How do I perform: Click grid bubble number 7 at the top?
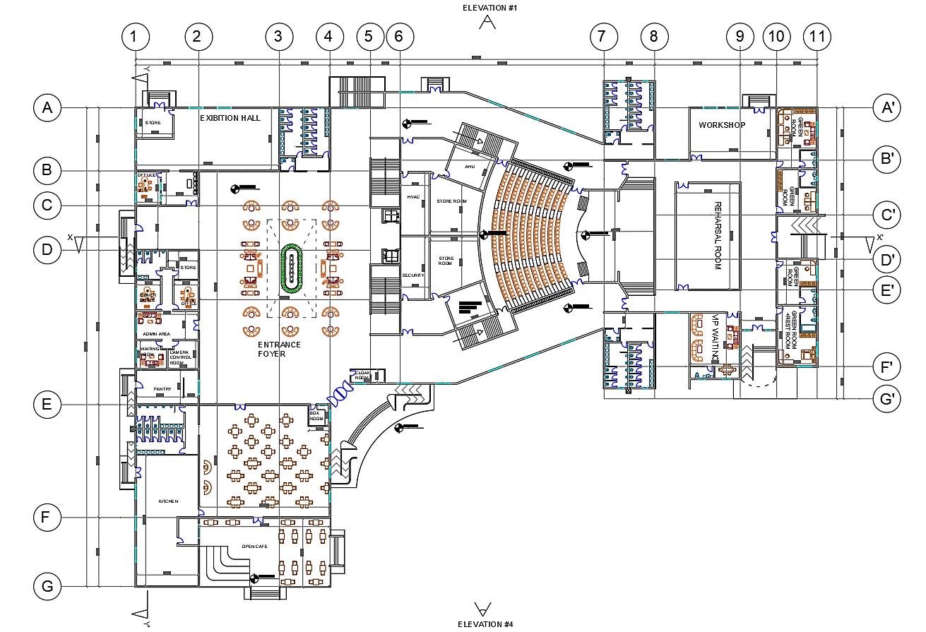(602, 36)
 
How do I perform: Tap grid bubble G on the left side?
(47, 586)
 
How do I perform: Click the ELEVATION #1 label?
(490, 8)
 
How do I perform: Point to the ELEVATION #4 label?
(485, 624)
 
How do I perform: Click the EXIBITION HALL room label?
(230, 118)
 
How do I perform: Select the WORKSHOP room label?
(722, 125)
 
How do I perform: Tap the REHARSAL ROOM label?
(718, 236)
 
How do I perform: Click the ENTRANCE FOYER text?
(278, 349)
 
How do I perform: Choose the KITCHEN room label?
(168, 501)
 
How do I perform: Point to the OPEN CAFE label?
(254, 546)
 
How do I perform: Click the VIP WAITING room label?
(715, 338)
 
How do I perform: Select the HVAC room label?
(413, 197)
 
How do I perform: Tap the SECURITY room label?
(413, 275)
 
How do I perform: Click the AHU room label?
(470, 167)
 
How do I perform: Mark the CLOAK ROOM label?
(362, 374)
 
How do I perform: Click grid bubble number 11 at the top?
(818, 36)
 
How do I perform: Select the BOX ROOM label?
(316, 415)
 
